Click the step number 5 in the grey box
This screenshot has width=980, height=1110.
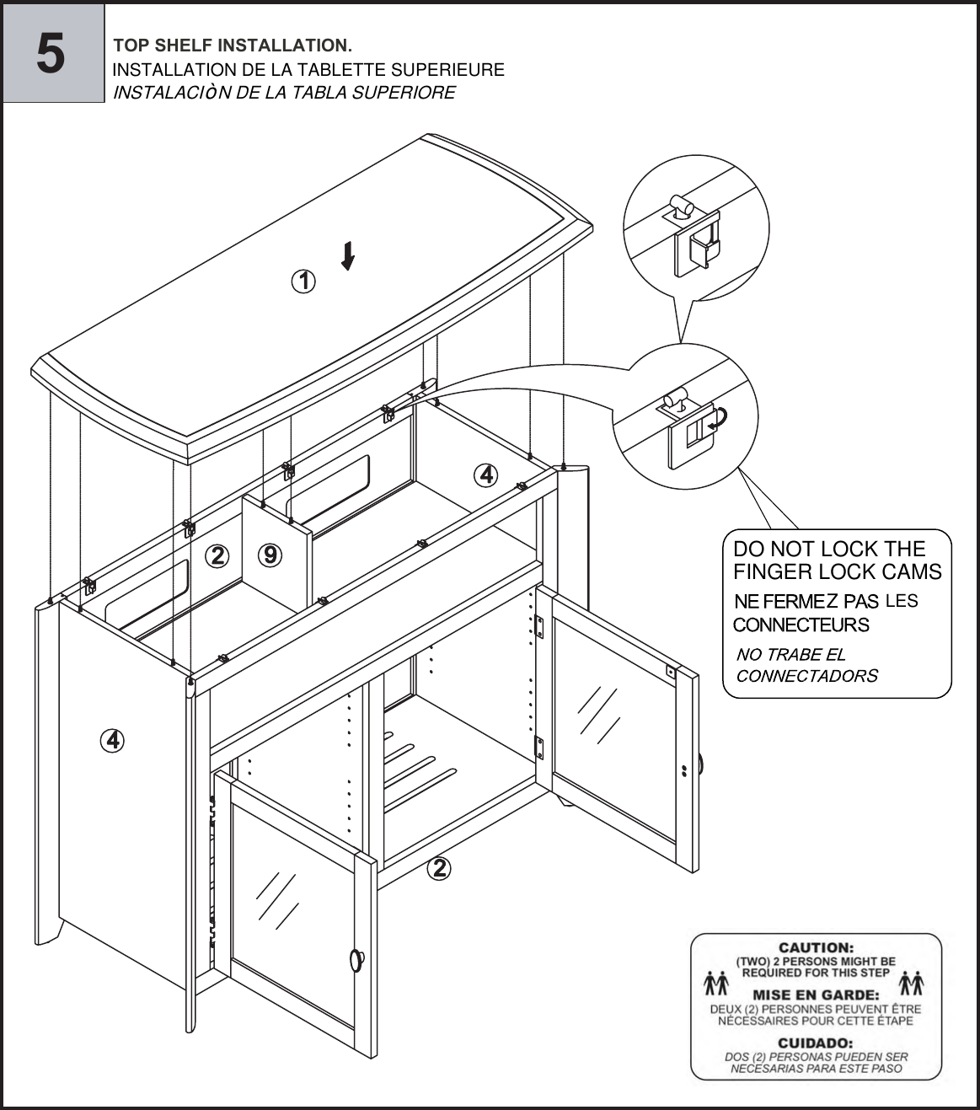(51, 53)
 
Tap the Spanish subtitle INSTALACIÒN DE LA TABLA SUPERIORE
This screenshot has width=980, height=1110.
(284, 93)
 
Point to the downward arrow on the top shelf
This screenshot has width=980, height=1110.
(347, 256)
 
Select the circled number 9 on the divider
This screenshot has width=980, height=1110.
(270, 555)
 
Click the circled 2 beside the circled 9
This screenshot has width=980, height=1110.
(217, 555)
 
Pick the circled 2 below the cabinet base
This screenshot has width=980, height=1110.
(438, 867)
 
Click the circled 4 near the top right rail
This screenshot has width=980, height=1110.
(486, 475)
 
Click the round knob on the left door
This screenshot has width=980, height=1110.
(356, 959)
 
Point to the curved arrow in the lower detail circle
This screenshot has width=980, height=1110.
(718, 420)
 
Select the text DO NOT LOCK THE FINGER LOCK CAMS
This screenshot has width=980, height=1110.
(837, 560)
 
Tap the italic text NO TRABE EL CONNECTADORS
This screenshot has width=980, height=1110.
(806, 665)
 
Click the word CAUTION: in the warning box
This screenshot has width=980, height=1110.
(815, 948)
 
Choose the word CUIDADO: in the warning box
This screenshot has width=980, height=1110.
(815, 1043)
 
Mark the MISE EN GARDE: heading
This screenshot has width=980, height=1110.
(815, 995)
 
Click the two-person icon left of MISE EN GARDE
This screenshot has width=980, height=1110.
(716, 984)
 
